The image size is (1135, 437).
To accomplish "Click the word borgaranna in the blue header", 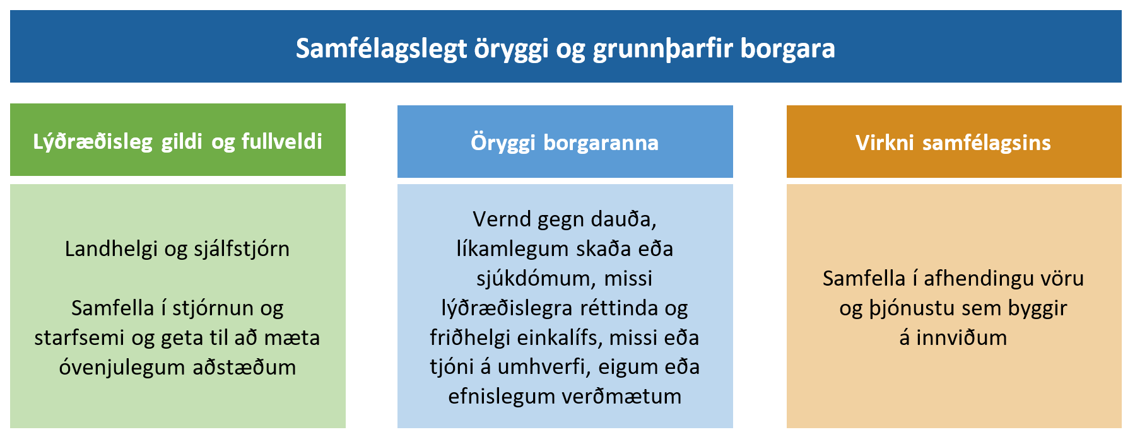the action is click(x=601, y=144).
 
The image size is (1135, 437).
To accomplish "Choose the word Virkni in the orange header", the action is click(x=885, y=143).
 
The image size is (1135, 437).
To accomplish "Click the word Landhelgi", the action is click(x=111, y=250).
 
